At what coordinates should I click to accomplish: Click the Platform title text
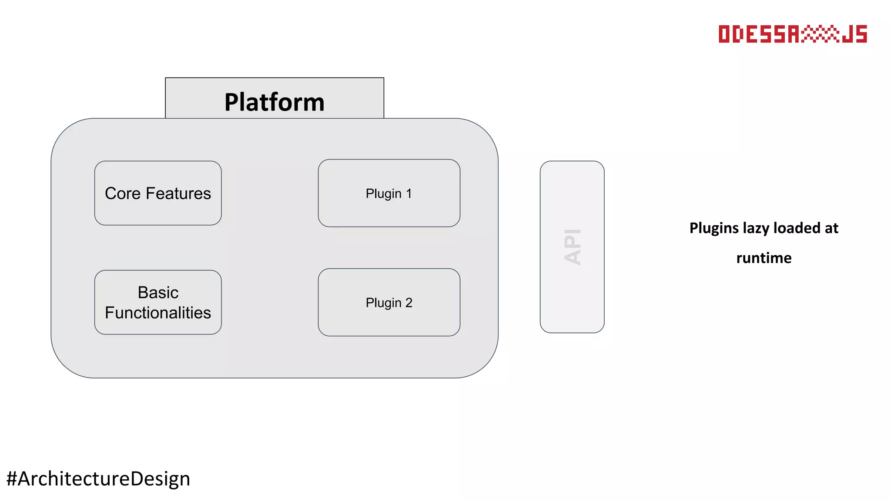pyautogui.click(x=275, y=102)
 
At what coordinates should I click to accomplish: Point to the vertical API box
pyautogui.click(x=572, y=247)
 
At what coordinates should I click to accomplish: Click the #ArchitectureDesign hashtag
pyautogui.click(x=98, y=479)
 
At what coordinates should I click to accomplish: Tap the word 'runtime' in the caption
pyautogui.click(x=764, y=258)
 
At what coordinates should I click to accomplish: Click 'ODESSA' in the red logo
pyautogui.click(x=759, y=34)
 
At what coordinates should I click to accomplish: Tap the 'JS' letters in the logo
pyautogui.click(x=854, y=34)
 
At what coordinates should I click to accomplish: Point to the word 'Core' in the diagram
pyautogui.click(x=123, y=194)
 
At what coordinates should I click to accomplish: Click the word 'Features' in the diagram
pyautogui.click(x=178, y=194)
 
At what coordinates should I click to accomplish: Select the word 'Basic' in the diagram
pyautogui.click(x=158, y=293)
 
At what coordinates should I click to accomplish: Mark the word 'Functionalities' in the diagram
pyautogui.click(x=158, y=313)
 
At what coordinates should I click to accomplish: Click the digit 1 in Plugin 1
pyautogui.click(x=409, y=194)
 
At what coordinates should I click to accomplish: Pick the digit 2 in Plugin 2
pyautogui.click(x=409, y=303)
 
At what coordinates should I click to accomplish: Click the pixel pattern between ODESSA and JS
pyautogui.click(x=821, y=34)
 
